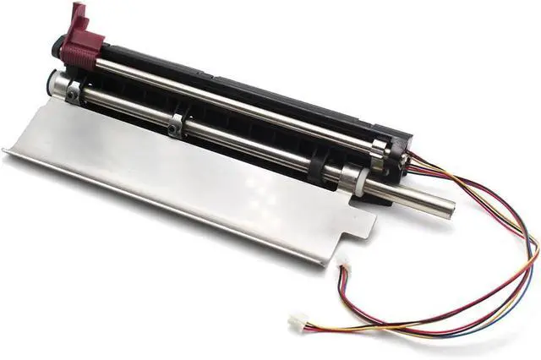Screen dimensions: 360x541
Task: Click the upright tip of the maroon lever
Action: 79,11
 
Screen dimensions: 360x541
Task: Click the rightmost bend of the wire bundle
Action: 535,254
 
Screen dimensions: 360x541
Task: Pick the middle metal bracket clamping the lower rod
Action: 176,124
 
